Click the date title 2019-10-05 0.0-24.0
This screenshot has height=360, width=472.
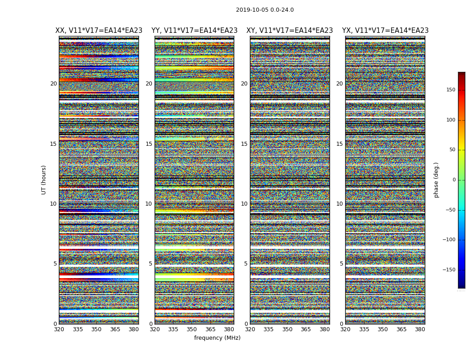[265, 10]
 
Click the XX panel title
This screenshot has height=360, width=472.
[99, 31]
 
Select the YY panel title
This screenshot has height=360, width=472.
[194, 31]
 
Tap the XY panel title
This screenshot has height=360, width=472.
[289, 31]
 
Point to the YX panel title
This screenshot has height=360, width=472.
[385, 31]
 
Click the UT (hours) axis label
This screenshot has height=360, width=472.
[44, 180]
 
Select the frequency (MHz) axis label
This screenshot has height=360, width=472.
[217, 338]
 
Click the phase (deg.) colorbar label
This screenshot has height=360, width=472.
[436, 180]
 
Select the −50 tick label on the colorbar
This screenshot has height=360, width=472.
[449, 210]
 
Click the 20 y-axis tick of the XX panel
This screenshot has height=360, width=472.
[53, 84]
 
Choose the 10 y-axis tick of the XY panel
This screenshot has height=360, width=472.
[245, 204]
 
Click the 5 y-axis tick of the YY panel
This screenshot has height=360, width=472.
[151, 264]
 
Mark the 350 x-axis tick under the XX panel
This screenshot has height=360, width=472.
[96, 329]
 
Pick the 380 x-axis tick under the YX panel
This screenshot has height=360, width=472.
[420, 329]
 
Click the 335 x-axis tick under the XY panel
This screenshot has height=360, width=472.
[268, 329]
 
